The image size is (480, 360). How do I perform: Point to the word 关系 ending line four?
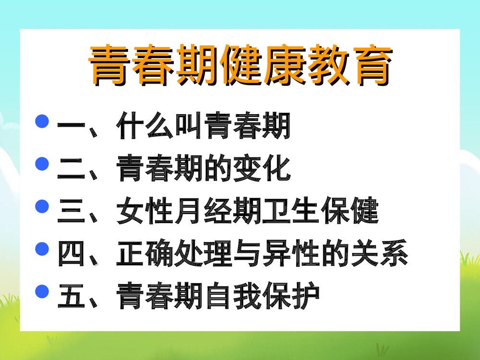pyautogui.click(x=379, y=254)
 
